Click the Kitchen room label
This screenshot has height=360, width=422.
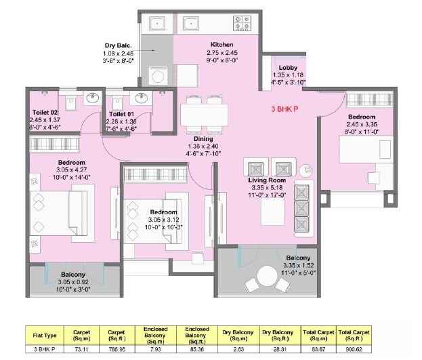(221, 43)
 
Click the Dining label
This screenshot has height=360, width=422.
(203, 139)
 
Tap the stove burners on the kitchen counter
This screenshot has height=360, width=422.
(239, 22)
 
